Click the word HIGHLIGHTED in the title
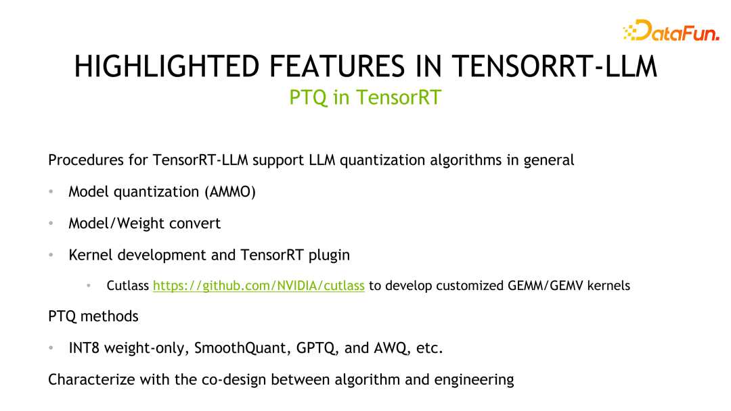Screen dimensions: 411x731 tap(167, 66)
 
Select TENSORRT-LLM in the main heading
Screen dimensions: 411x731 tap(554, 66)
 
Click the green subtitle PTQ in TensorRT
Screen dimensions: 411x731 tap(365, 97)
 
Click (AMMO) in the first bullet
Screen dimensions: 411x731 tap(230, 192)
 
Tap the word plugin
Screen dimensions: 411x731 tap(329, 255)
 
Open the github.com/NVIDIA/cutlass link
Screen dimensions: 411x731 tap(259, 285)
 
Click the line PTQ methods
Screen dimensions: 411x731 tap(93, 316)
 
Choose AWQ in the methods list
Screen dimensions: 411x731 tap(389, 348)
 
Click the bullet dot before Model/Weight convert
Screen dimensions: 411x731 tap(51, 224)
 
